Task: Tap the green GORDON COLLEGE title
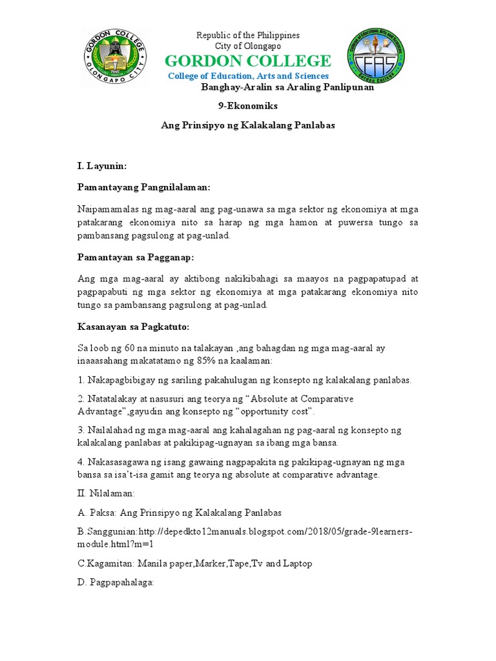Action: pos(248,61)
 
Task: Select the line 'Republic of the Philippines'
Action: pos(248,35)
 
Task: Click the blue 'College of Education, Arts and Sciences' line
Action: pos(248,76)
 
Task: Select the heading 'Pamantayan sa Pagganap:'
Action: pos(136,258)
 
